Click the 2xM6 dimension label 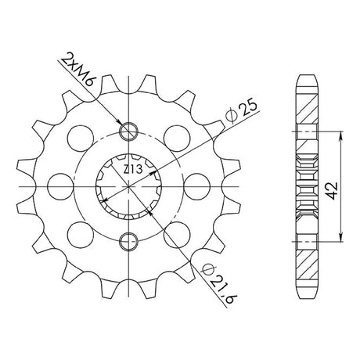coord(77,69)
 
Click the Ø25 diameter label coord(242,111)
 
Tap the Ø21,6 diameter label coord(219,283)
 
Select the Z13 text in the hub coord(133,170)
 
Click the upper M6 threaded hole coord(128,131)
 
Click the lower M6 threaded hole coord(128,241)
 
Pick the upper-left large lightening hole coord(81,139)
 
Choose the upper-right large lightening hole coord(177,139)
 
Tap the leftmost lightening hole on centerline coord(61,187)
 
